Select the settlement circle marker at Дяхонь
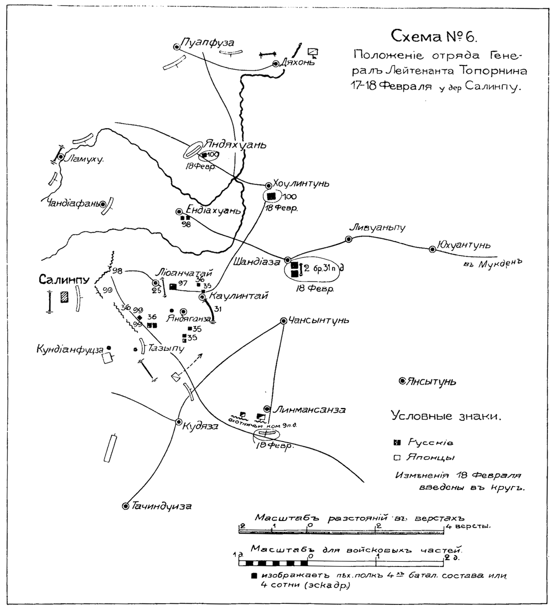pyautogui.click(x=275, y=64)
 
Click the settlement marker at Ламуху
pyautogui.click(x=61, y=157)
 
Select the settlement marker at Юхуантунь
pyautogui.click(x=432, y=249)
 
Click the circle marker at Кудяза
pyautogui.click(x=179, y=422)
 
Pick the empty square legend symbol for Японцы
pyautogui.click(x=397, y=458)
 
